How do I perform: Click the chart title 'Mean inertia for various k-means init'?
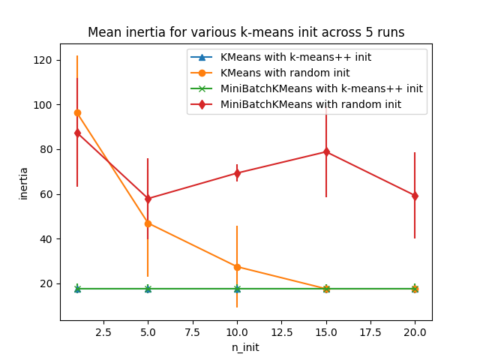(246, 32)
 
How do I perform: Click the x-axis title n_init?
(246, 347)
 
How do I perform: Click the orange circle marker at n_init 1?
(77, 112)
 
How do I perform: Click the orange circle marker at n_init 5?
(148, 223)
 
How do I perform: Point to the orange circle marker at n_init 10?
(237, 267)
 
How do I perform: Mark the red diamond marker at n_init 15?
(326, 151)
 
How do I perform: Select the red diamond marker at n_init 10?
(237, 173)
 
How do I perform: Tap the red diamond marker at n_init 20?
(415, 196)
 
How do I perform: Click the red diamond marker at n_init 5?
(148, 199)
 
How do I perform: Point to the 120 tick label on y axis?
(46, 60)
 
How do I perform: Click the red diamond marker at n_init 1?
(77, 133)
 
